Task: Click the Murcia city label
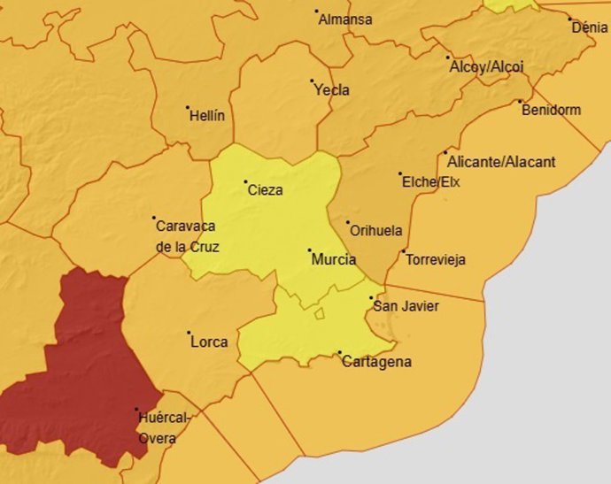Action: pos(334,260)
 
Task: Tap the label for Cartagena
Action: pos(376,362)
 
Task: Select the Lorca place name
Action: pos(209,342)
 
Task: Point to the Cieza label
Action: pos(266,189)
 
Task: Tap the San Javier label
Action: pos(406,306)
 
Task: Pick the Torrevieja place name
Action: pos(435,260)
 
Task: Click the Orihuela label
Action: pos(377,231)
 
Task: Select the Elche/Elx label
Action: pos(431,182)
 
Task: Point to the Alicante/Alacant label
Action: pos(502,162)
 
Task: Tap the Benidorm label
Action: pos(552,111)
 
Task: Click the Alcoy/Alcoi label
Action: pos(487,66)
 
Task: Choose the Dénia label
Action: pos(590,27)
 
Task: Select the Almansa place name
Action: pos(345,19)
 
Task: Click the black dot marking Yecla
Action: pos(312,81)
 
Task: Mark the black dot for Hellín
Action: pos(188,108)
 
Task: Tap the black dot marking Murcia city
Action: pos(309,250)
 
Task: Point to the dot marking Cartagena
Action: pos(340,353)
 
